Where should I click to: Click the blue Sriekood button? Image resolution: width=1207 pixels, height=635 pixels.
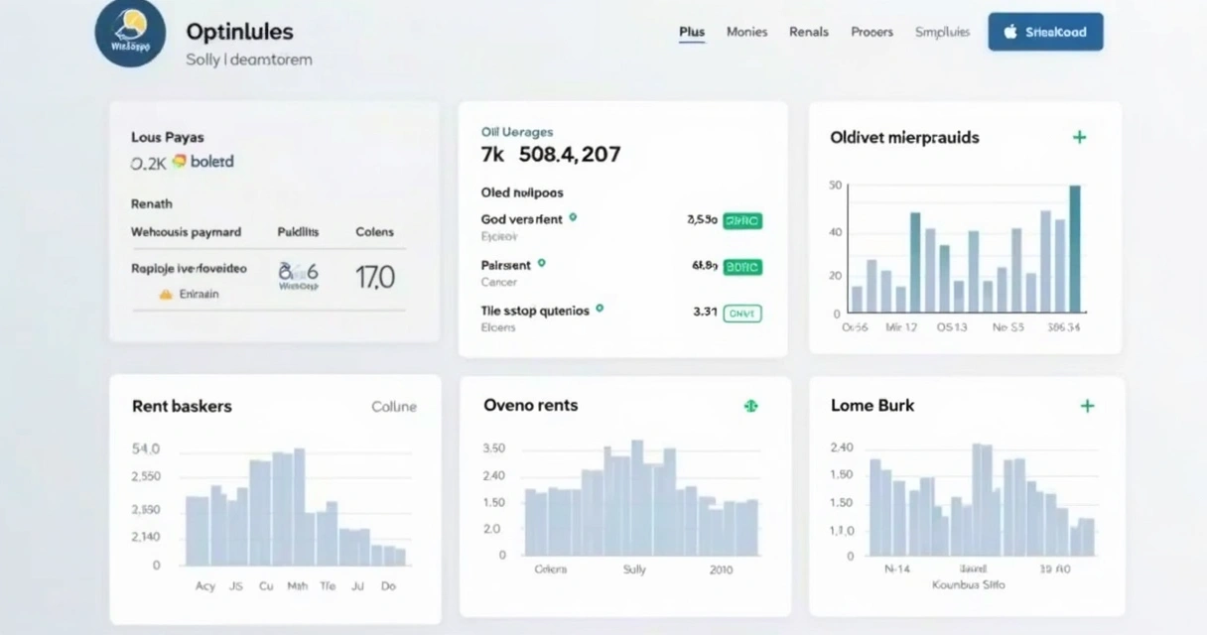(x=1045, y=32)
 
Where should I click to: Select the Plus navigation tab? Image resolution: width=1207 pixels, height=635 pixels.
(x=692, y=32)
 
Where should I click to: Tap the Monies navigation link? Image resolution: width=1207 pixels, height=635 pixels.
(x=746, y=32)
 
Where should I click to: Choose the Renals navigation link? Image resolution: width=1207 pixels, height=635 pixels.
(x=808, y=32)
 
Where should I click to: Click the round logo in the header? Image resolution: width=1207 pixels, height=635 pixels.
(x=130, y=33)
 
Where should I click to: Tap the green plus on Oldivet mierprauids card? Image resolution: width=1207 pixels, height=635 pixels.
(x=1079, y=137)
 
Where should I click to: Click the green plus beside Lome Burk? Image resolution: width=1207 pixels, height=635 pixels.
(x=1087, y=406)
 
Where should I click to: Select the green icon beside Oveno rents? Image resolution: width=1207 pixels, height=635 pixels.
(x=751, y=406)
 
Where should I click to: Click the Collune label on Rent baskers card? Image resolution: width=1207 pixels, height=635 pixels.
(x=394, y=407)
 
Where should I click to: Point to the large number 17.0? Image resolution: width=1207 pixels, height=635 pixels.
(x=375, y=277)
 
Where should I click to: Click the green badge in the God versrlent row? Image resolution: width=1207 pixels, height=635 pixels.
(x=742, y=220)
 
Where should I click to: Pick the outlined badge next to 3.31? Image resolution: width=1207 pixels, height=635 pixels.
(x=742, y=313)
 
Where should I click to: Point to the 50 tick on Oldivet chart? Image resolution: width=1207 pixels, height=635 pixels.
(x=835, y=186)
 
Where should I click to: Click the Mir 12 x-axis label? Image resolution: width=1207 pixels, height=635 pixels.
(x=900, y=326)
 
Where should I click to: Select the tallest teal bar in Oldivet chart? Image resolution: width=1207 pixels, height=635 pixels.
(x=1074, y=248)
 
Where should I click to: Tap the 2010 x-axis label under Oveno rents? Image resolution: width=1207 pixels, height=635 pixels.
(x=721, y=570)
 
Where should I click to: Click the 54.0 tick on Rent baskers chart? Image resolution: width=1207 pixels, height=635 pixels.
(x=145, y=448)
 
